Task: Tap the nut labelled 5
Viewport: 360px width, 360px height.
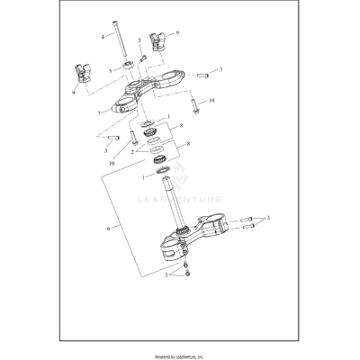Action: [x=130, y=64]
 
